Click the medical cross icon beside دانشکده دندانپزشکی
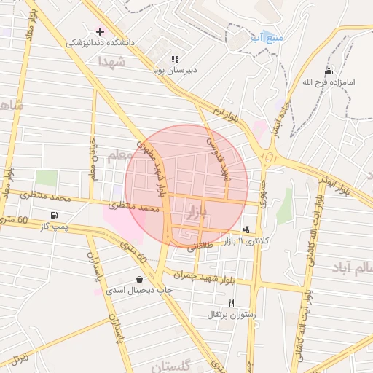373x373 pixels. click(101, 31)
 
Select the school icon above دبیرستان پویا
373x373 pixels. click(174, 59)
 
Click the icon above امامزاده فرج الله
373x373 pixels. click(329, 71)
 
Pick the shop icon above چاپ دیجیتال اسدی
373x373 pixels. click(139, 279)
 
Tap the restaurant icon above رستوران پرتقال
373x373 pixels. click(231, 302)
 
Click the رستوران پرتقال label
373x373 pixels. click(230, 314)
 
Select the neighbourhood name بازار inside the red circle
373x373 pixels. click(197, 213)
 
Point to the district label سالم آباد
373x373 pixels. click(350, 268)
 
